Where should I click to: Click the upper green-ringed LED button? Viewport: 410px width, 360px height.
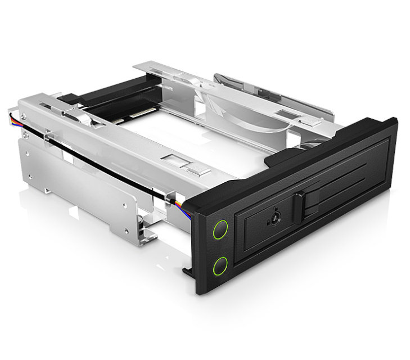click(220, 230)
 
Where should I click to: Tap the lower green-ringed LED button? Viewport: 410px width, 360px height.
click(220, 264)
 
